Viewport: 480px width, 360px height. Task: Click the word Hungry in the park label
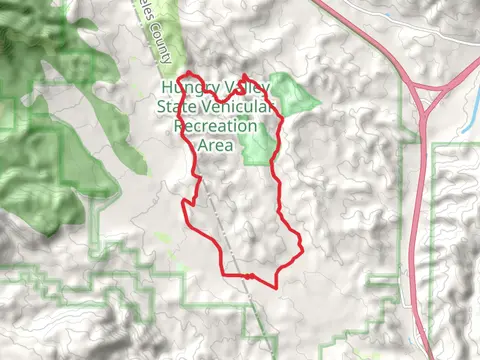(x=182, y=92)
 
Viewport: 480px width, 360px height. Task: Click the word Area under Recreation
(x=215, y=146)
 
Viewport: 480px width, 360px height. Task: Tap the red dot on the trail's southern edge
(x=241, y=275)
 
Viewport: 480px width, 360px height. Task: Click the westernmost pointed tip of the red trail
(x=182, y=206)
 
